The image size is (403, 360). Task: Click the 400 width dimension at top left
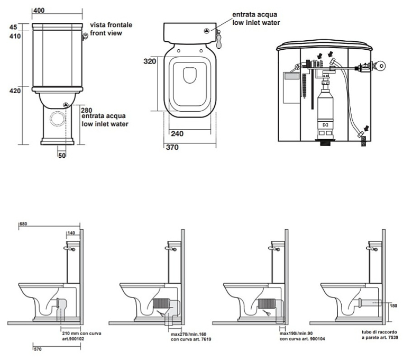[38, 10]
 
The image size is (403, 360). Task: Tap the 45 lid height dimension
[14, 28]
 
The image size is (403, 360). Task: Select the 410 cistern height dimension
[14, 37]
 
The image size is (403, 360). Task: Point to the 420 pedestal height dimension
[14, 91]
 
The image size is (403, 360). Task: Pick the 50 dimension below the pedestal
[62, 155]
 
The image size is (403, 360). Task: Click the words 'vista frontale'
[111, 25]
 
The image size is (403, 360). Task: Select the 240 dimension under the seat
[178, 134]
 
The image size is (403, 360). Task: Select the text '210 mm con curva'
[82, 334]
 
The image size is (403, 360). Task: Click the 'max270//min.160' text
[188, 334]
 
